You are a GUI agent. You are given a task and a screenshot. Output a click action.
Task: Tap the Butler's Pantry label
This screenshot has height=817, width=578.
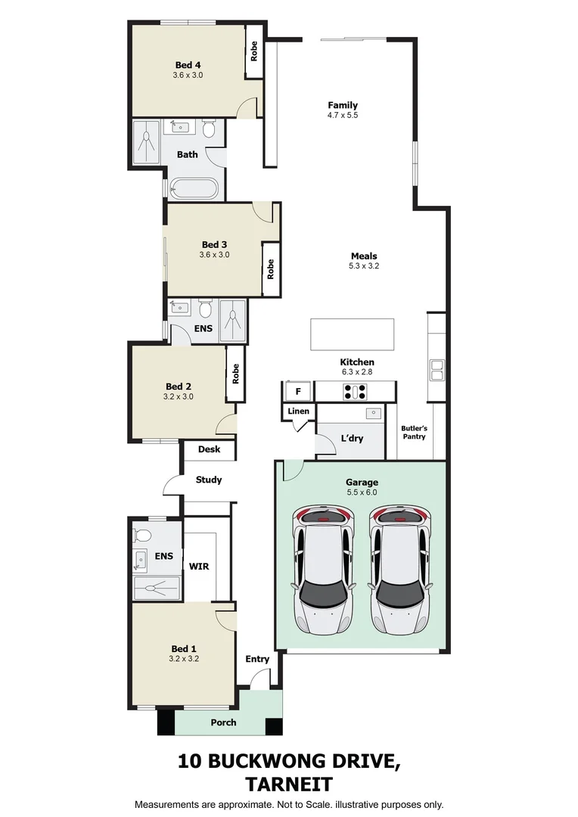(x=414, y=432)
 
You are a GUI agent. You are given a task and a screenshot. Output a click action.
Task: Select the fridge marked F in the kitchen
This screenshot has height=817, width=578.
(x=298, y=391)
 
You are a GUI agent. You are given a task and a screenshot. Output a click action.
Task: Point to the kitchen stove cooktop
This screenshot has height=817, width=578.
(x=355, y=392)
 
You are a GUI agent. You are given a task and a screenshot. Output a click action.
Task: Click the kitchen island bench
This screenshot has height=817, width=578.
(x=352, y=334)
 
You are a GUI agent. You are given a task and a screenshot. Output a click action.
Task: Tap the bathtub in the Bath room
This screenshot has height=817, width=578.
(x=194, y=188)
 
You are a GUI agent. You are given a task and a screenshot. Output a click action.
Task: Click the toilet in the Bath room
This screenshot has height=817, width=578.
(x=209, y=132)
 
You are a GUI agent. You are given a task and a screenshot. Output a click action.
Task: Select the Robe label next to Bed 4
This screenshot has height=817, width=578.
(x=254, y=51)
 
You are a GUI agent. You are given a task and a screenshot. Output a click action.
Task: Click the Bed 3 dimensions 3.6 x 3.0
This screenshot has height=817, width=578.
(x=214, y=255)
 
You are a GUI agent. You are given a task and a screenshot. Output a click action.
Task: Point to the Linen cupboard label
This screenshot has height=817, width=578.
(x=298, y=411)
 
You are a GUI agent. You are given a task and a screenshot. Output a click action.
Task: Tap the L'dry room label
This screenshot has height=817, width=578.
(x=351, y=438)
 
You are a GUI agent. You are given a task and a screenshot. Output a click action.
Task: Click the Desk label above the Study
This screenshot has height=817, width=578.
(x=209, y=449)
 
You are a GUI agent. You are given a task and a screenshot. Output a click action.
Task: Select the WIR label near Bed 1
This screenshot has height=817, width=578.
(x=199, y=565)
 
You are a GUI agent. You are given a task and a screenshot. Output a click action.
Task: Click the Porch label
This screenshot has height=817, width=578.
(x=223, y=722)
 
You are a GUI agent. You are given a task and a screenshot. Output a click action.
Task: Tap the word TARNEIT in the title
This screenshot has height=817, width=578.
(x=288, y=783)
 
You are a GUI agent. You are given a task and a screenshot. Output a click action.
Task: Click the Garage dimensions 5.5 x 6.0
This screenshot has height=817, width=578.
(x=362, y=492)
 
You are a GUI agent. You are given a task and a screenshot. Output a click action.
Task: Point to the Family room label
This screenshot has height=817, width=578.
(x=342, y=105)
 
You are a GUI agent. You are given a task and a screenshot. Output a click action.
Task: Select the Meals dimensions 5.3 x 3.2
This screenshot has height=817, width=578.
(x=363, y=266)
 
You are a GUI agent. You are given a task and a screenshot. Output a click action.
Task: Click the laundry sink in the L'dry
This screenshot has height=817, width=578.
(x=373, y=413)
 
